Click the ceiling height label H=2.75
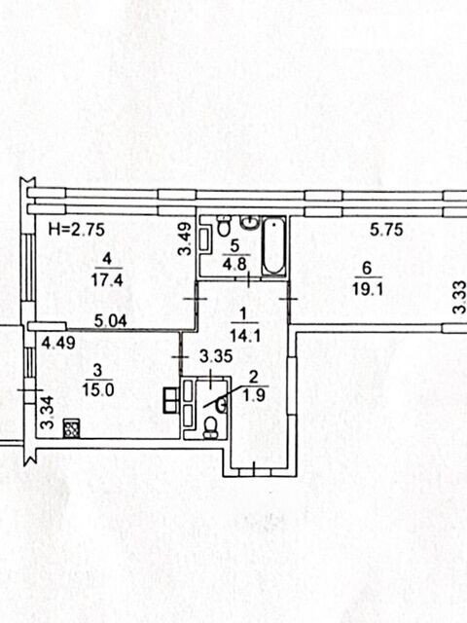76,230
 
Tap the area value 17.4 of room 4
107,279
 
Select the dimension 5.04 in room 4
110,320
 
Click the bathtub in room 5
274,246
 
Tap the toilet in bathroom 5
225,226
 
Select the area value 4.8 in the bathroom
235,264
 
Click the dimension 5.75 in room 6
386,230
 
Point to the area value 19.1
368,289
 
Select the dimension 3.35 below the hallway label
216,356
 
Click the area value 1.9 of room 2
254,395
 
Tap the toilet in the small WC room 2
210,428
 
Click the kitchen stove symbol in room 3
71,429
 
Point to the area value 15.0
98,389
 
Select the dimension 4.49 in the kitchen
58,343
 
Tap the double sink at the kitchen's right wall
171,400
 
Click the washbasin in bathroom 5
251,223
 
